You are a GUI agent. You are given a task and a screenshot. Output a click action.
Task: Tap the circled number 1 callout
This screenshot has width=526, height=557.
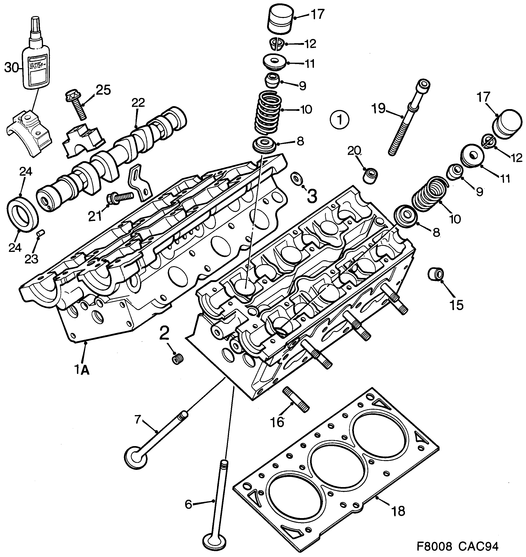pos(340,120)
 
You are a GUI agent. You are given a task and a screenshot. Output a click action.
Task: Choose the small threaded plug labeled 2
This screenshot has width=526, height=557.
pos(177,359)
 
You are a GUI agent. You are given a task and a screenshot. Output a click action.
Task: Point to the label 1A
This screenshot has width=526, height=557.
pos(81,370)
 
